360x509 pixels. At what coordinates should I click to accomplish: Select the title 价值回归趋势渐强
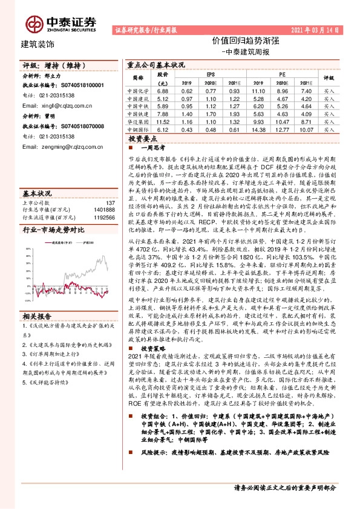pyautogui.click(x=245, y=41)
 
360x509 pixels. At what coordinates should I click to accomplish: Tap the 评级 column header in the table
pyautogui.click(x=329, y=77)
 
